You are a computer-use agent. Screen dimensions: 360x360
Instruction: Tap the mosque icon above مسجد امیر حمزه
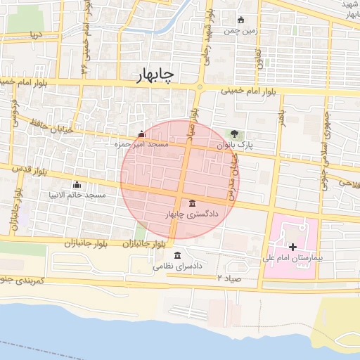point(141,134)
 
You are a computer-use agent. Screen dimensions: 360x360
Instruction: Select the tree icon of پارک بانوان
point(234,134)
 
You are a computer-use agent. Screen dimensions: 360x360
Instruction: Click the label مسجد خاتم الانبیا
point(76,194)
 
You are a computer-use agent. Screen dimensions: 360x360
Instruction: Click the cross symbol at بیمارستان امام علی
point(292,247)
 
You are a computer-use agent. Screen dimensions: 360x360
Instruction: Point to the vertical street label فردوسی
point(13,110)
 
